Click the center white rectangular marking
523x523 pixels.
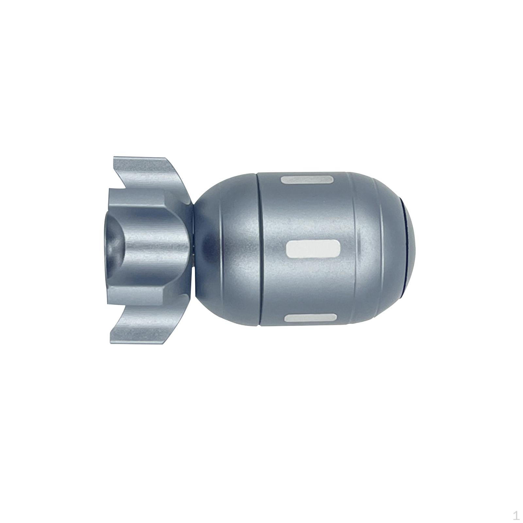(313, 249)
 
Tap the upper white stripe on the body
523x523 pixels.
(307, 180)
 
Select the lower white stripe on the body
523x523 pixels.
(311, 318)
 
